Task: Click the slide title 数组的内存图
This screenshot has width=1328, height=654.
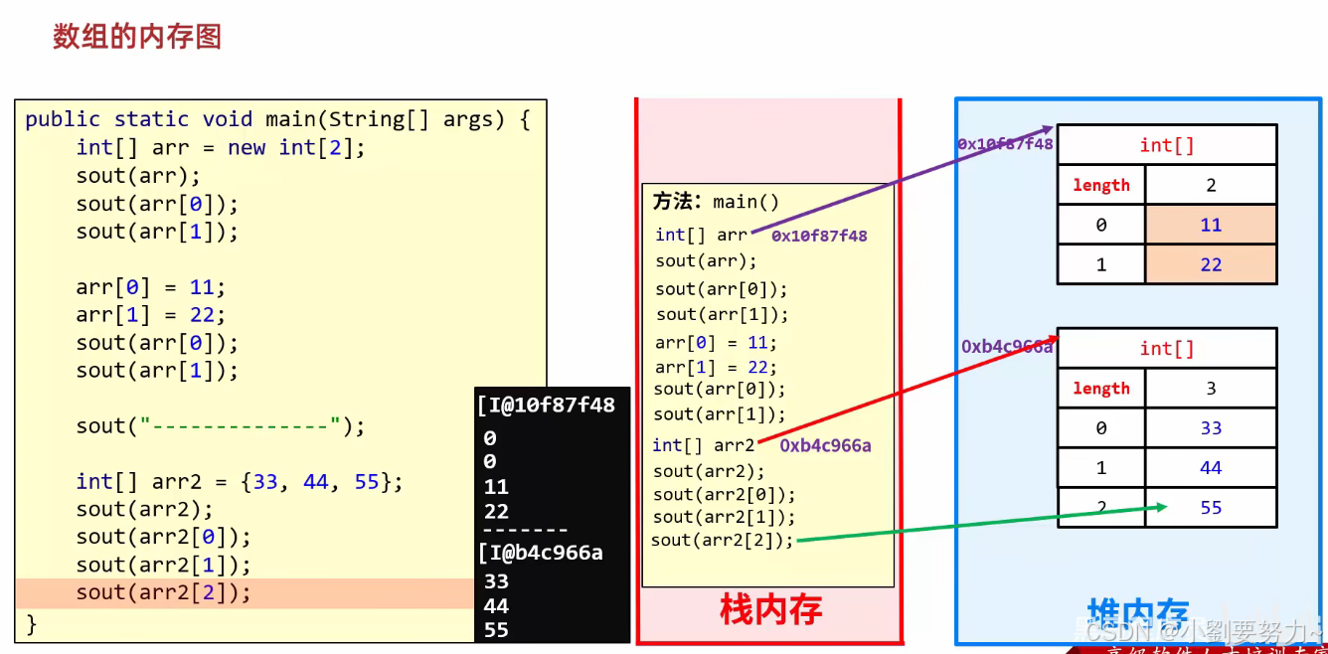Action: click(x=136, y=37)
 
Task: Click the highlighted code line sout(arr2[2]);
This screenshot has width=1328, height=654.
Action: click(x=164, y=593)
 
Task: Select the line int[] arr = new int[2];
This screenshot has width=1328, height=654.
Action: click(x=221, y=148)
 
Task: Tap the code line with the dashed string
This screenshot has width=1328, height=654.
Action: click(x=221, y=426)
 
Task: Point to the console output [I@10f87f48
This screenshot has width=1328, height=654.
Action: click(x=546, y=406)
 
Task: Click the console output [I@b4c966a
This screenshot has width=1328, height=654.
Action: click(x=540, y=553)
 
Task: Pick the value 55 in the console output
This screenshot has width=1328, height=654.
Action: click(x=496, y=630)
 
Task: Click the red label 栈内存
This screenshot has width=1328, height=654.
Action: click(x=770, y=608)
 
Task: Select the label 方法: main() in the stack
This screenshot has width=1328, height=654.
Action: click(x=716, y=202)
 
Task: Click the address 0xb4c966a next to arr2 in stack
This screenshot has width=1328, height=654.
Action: click(x=825, y=445)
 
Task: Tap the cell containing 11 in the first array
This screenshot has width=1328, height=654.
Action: click(x=1211, y=225)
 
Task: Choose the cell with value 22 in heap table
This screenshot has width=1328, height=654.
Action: click(x=1211, y=264)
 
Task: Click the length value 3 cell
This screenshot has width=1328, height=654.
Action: click(x=1211, y=389)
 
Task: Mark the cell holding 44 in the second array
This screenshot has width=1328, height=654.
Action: click(x=1211, y=468)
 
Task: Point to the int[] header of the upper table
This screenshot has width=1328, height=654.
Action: click(x=1167, y=145)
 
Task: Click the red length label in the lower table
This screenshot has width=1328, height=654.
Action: click(x=1101, y=389)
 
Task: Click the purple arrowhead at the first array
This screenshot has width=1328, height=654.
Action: click(x=1047, y=129)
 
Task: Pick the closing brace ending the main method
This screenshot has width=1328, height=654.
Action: click(x=31, y=624)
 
